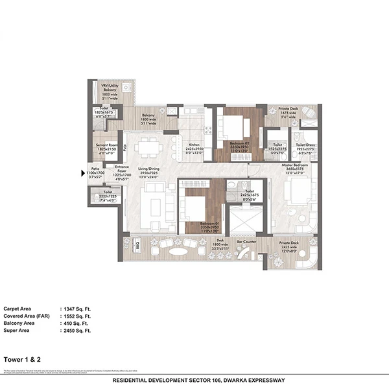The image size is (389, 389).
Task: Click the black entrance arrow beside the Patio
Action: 91,173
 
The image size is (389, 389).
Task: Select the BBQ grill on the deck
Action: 137,245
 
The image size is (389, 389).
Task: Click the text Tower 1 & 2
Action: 20,356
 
